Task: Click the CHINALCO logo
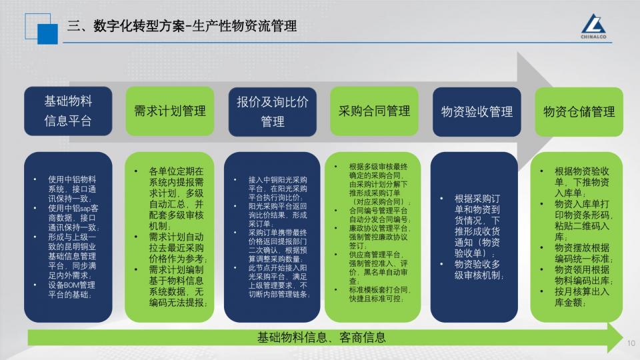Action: point(593,27)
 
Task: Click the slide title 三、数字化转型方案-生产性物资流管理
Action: point(182,26)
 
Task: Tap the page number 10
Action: point(631,343)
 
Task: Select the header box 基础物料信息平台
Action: point(68,111)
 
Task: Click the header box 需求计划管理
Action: point(170,111)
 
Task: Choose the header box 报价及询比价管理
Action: point(272,111)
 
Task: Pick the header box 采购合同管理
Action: point(374,111)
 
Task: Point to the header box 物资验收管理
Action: point(477,111)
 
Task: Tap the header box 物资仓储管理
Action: point(579,111)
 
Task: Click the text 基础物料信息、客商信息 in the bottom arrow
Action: point(321,337)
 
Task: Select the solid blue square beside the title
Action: point(48,34)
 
